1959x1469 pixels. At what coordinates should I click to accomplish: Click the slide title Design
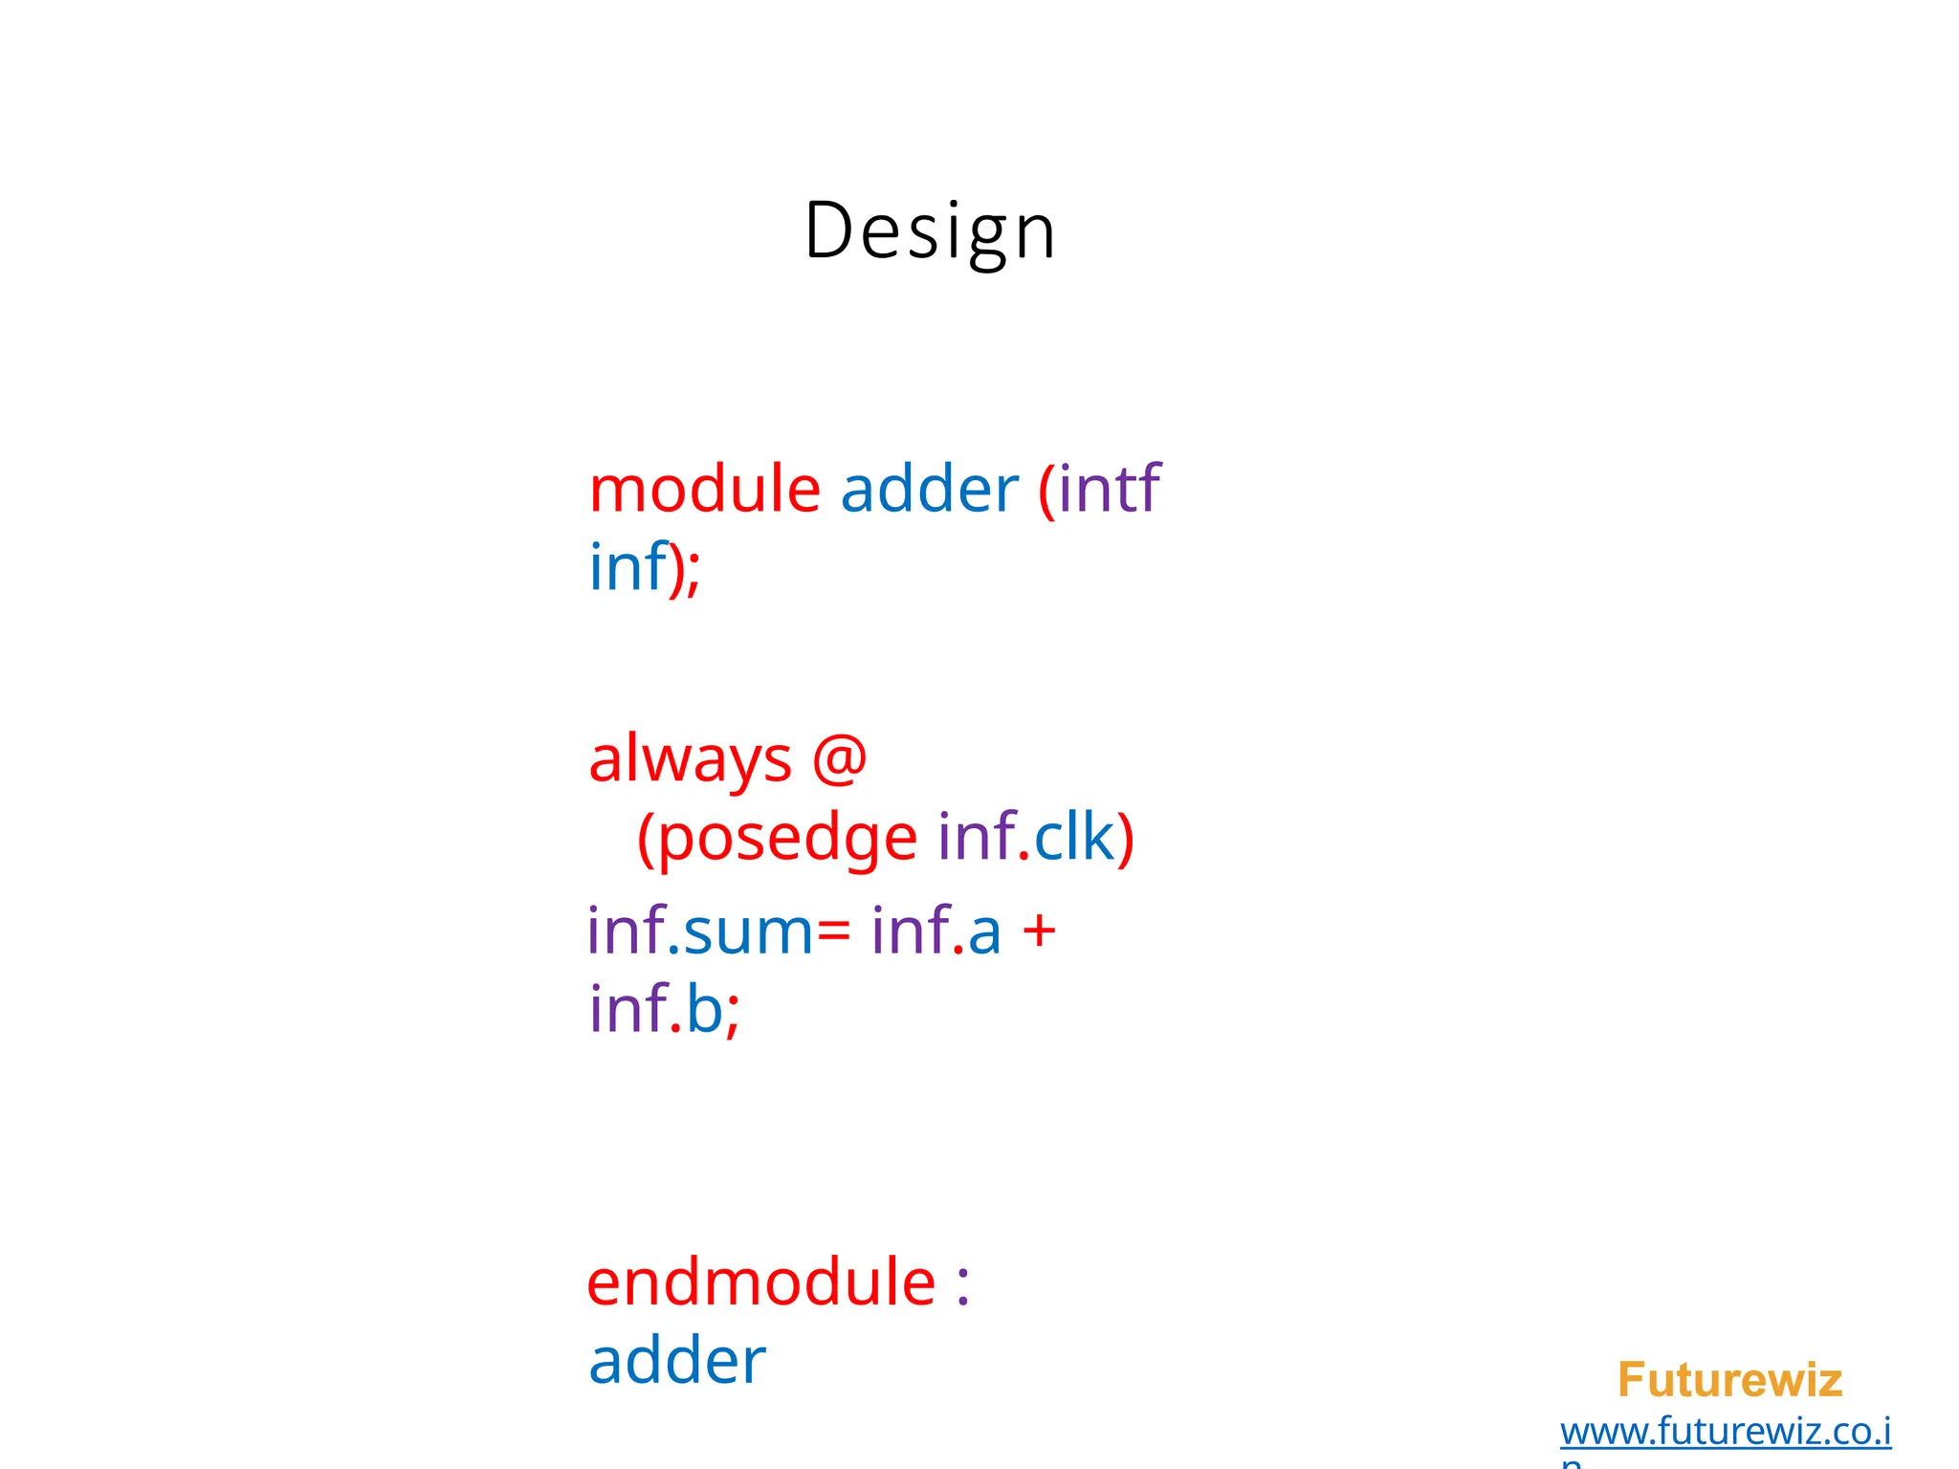(x=930, y=231)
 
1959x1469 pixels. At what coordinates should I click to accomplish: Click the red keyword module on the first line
(x=704, y=489)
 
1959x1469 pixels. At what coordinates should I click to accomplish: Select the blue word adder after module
(x=929, y=489)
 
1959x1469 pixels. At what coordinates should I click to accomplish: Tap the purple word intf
(x=1109, y=489)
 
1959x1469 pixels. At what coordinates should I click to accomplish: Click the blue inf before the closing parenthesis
(x=627, y=566)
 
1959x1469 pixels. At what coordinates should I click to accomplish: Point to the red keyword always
(x=690, y=760)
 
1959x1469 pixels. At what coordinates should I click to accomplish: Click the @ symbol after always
(x=839, y=758)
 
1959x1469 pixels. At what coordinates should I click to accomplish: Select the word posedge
(x=787, y=839)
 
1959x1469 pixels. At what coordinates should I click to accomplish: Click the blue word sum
(x=748, y=932)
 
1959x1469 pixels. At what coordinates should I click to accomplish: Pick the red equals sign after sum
(x=832, y=932)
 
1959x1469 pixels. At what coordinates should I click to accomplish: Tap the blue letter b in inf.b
(x=705, y=1009)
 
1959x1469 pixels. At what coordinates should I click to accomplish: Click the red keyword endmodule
(x=760, y=1283)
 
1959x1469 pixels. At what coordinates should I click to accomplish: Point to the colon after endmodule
(x=962, y=1284)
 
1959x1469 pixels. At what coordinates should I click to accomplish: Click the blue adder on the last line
(x=676, y=1361)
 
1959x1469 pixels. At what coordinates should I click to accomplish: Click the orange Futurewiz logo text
(x=1728, y=1380)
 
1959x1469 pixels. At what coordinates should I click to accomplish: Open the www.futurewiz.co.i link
(x=1725, y=1432)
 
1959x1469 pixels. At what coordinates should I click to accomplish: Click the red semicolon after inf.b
(x=733, y=1014)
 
